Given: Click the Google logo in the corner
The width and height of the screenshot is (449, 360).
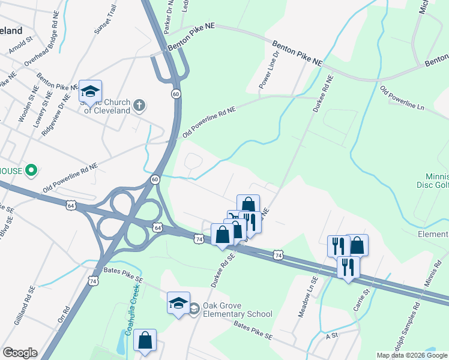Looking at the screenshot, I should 20,352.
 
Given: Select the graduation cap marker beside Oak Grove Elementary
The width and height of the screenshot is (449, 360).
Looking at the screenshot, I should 178,304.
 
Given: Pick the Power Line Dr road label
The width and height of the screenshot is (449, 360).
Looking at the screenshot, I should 269,71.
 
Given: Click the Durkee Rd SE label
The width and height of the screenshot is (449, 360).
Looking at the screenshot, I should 221,268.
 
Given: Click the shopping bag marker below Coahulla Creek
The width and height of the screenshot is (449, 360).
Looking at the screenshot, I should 145,341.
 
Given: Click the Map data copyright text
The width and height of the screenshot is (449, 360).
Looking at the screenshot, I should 412,355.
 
